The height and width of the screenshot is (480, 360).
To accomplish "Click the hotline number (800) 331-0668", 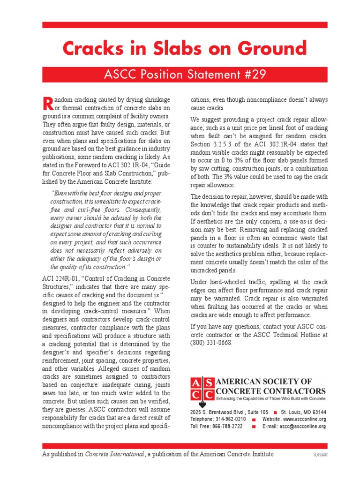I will [x=211, y=343].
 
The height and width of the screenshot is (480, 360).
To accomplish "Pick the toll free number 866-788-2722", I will [x=227, y=427].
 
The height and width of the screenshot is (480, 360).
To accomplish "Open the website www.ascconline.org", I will [x=304, y=419].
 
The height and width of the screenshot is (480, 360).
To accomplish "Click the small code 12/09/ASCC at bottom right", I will [x=321, y=455].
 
